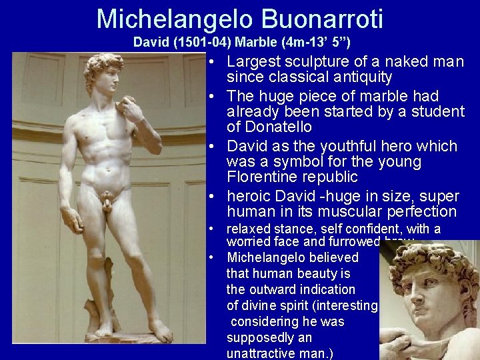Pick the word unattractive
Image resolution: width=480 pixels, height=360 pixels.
click(269, 353)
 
